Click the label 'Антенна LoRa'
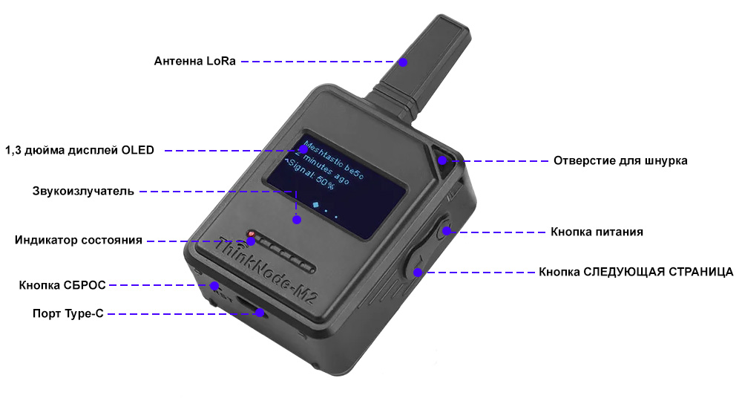(x=194, y=61)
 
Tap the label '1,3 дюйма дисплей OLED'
(x=79, y=151)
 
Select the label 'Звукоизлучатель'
(x=83, y=192)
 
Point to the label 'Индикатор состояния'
(x=79, y=240)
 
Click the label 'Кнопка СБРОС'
(x=62, y=285)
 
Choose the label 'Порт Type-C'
(x=68, y=313)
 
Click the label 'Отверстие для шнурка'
(x=620, y=160)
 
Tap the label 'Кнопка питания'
(x=597, y=232)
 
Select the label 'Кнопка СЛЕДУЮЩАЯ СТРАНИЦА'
(x=636, y=272)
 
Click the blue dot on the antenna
(x=403, y=62)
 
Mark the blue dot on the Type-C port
(x=260, y=313)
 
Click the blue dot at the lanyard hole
(x=442, y=160)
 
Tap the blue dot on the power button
(x=447, y=232)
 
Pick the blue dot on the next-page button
(x=417, y=273)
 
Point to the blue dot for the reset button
(x=214, y=285)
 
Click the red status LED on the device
(x=251, y=234)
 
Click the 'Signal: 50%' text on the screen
(x=310, y=175)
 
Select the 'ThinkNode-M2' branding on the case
(x=266, y=270)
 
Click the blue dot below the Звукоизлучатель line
(x=297, y=220)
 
